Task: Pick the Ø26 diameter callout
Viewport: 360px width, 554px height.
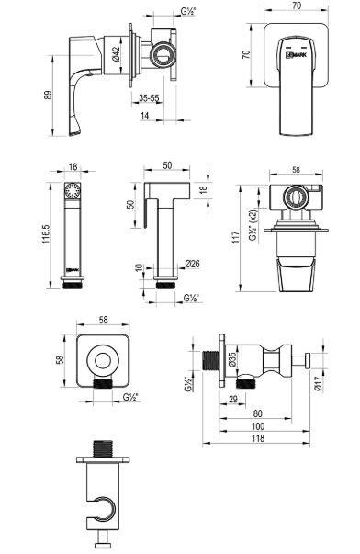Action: [x=192, y=265]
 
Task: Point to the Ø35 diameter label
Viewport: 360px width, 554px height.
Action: [x=233, y=359]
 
